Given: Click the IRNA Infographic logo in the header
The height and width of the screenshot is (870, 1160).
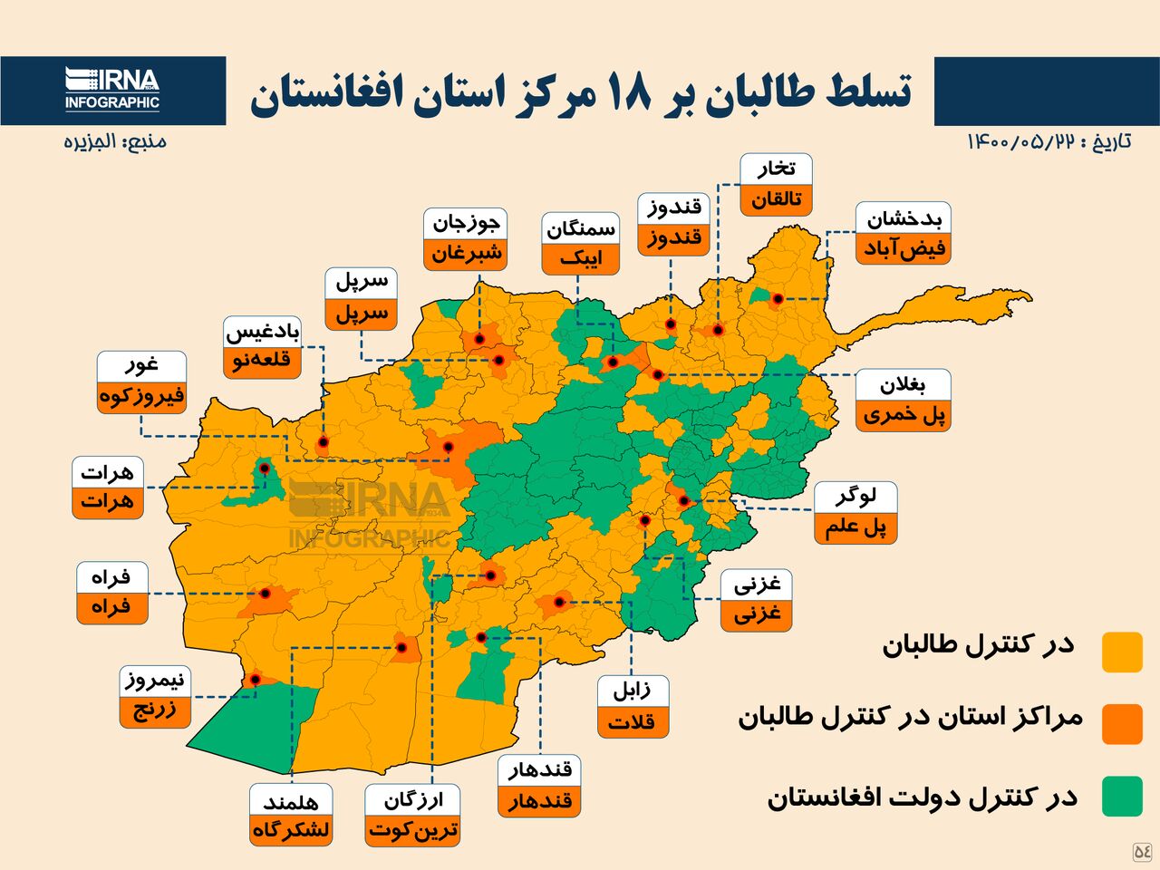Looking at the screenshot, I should (x=111, y=90).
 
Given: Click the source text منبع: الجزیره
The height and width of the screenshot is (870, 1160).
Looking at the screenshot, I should (x=114, y=141).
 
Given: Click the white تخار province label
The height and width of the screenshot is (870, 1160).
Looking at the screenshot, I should (x=776, y=169).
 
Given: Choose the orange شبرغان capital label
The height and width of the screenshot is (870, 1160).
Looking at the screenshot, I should (x=465, y=254).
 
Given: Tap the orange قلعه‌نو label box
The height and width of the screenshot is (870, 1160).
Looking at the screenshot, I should (x=262, y=362).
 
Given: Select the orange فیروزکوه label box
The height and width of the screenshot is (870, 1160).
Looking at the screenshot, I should (x=141, y=397).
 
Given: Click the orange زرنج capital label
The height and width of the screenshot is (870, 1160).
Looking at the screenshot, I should (x=155, y=710).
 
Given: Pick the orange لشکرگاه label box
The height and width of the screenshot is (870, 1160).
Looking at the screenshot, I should (x=291, y=830).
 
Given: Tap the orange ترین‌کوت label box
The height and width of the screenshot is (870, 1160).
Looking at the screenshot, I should (x=412, y=830).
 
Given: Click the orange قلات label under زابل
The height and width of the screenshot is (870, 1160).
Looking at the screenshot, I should (x=632, y=722).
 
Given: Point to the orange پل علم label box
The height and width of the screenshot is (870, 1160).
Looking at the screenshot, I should (x=855, y=527).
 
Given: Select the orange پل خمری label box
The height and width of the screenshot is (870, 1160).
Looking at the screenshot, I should (x=903, y=416).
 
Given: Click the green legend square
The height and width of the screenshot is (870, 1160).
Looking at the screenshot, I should (x=1121, y=796).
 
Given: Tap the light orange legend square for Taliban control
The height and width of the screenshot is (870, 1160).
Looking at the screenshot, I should (x=1121, y=652).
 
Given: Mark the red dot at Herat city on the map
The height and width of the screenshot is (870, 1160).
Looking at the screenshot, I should (x=265, y=469).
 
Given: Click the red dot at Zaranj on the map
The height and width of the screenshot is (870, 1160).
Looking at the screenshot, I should (x=256, y=679).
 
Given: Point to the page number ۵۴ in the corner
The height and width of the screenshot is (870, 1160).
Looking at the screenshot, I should (x=1142, y=851).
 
